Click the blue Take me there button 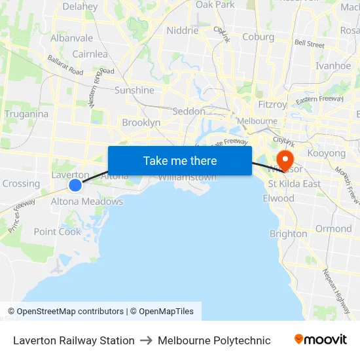[x=179, y=160]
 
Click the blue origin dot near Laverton [x=75, y=185]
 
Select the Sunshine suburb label [x=134, y=90]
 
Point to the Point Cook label [x=58, y=232]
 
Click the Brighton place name [x=288, y=234]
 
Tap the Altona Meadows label [x=87, y=202]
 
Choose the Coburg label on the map [x=258, y=37]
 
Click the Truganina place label [x=26, y=114]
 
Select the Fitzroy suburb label [x=272, y=104]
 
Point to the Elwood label [x=278, y=198]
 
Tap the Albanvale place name [x=71, y=38]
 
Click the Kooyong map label [x=326, y=153]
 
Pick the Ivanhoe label [x=333, y=65]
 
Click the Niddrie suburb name [x=182, y=30]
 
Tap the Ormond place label [x=333, y=228]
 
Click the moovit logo [x=321, y=340]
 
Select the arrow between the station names [x=146, y=340]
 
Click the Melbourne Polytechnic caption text [x=214, y=340]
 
